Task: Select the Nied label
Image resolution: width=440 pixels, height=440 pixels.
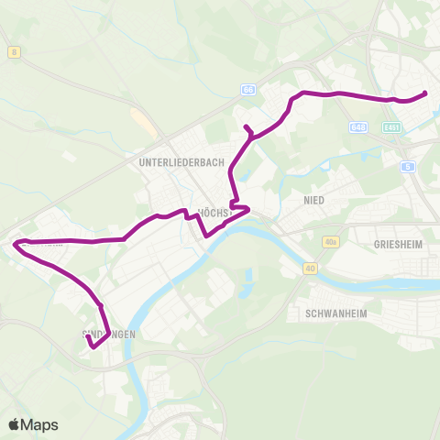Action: pyautogui.click(x=313, y=199)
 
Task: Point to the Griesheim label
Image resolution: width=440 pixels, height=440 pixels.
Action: pyautogui.click(x=396, y=245)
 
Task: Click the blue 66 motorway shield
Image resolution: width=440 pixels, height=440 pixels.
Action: pyautogui.click(x=249, y=90)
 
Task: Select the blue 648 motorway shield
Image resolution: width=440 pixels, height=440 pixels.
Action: pyautogui.click(x=359, y=126)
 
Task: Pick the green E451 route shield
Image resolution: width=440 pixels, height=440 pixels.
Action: pyautogui.click(x=392, y=126)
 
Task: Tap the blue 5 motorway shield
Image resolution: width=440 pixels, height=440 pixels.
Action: pyautogui.click(x=407, y=166)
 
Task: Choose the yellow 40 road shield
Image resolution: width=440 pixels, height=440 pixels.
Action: pyautogui.click(x=311, y=269)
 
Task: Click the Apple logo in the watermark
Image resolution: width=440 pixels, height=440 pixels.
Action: pyautogui.click(x=16, y=424)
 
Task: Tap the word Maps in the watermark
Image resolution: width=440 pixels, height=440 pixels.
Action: pyautogui.click(x=40, y=424)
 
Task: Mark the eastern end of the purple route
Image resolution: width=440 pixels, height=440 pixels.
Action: pyautogui.click(x=426, y=93)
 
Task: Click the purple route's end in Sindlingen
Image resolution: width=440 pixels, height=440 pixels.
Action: pyautogui.click(x=87, y=337)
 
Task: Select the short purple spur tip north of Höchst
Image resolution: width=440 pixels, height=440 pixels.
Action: pyautogui.click(x=245, y=126)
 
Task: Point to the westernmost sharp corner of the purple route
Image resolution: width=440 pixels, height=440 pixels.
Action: pyautogui.click(x=15, y=243)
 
